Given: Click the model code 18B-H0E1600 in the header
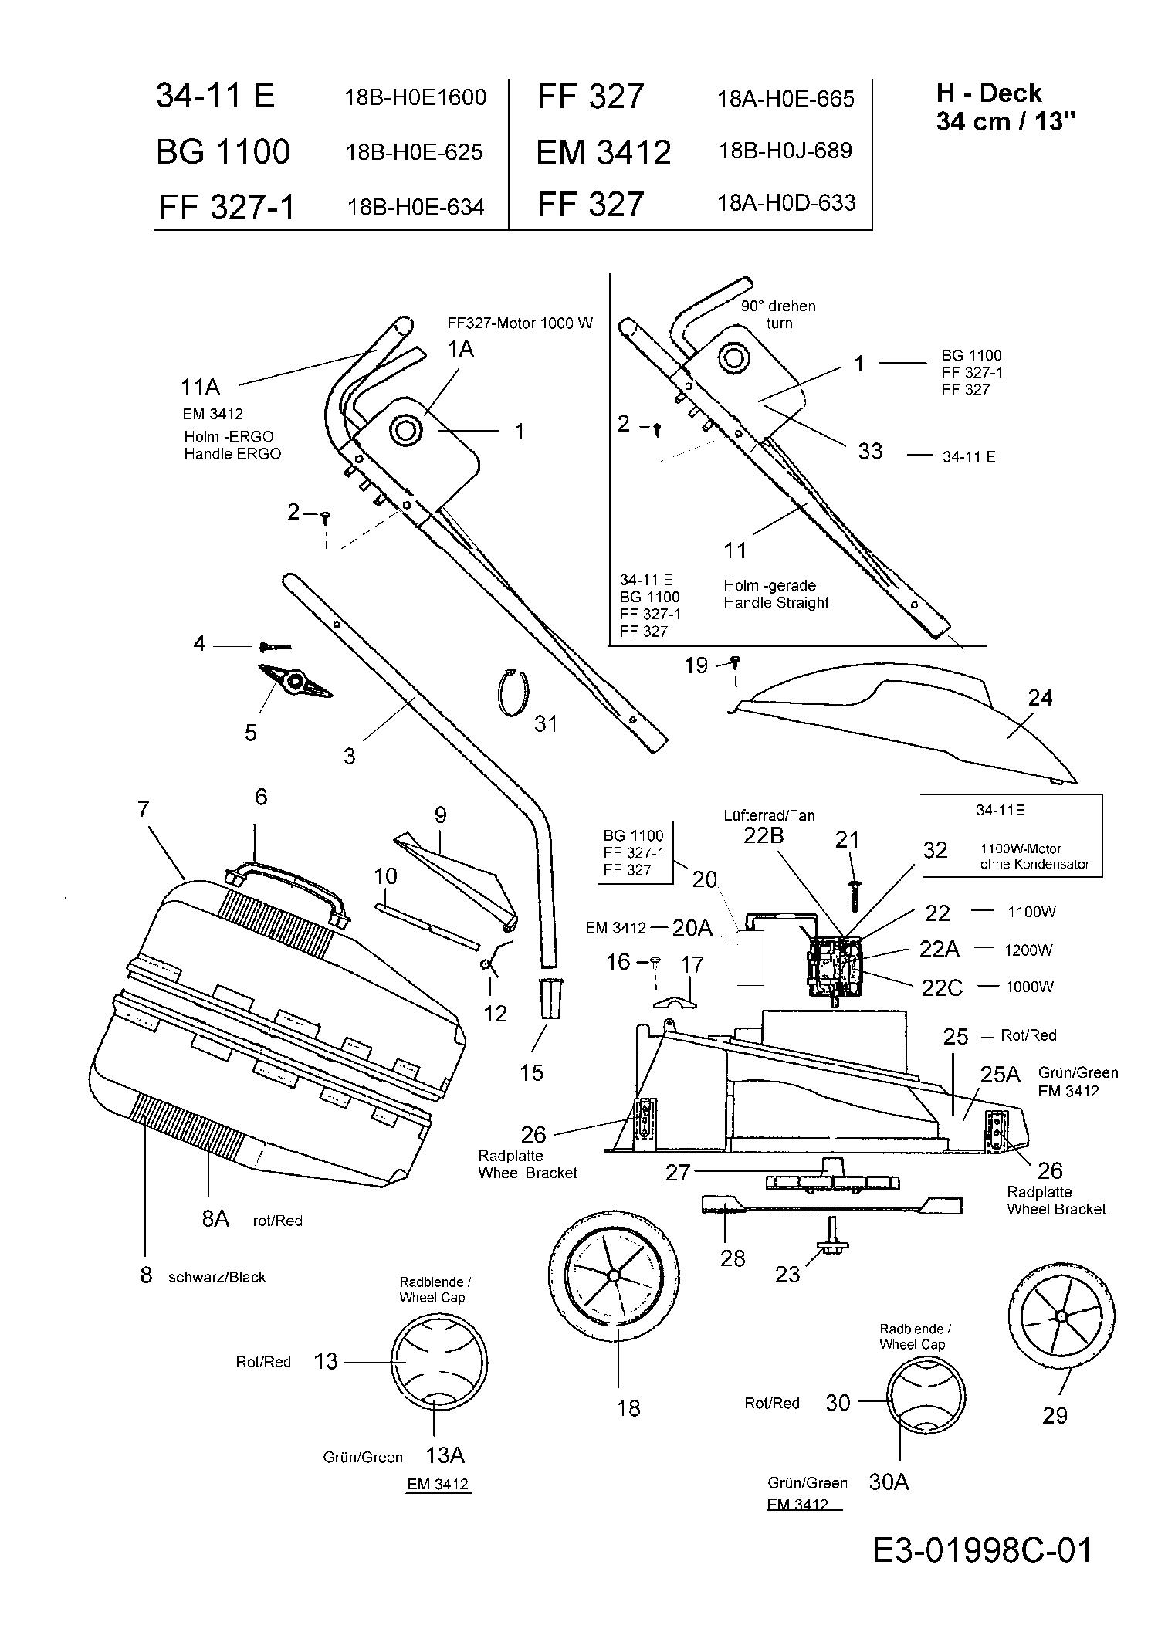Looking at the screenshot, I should coord(415,97).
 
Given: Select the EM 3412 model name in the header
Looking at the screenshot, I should coord(603,152).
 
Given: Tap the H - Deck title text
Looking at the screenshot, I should coord(988,93).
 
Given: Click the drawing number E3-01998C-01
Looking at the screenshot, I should coord(982,1549).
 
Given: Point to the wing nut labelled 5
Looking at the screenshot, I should coord(294,680).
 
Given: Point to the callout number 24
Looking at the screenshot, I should coord(1040,698).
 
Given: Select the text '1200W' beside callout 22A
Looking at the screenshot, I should coord(1028,950).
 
